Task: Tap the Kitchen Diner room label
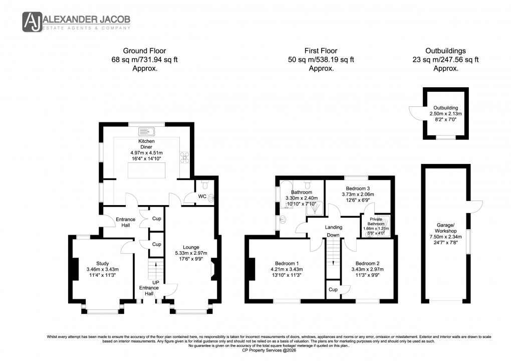click(x=145, y=144)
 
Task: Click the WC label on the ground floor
click(x=202, y=197)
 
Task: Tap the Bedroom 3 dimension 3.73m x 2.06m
click(x=358, y=195)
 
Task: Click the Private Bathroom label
click(x=376, y=221)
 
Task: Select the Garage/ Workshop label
click(x=445, y=228)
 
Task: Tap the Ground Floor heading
click(x=145, y=51)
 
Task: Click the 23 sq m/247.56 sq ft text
click(x=445, y=60)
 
